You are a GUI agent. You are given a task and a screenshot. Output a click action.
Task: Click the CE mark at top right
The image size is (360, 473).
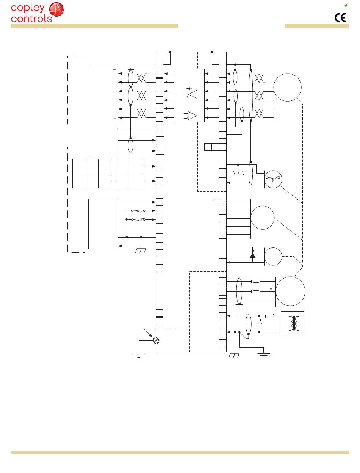[340, 18]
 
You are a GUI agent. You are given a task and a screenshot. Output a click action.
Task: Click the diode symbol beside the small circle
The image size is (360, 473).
[253, 255]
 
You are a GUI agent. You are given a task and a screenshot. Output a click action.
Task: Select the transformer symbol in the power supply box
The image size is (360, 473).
[293, 323]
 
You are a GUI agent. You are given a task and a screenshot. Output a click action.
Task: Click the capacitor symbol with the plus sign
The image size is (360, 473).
[259, 323]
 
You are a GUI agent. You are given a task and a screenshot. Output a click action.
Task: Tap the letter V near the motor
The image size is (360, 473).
[271, 289]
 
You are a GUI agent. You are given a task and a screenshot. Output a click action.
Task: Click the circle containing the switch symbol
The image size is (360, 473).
[273, 179]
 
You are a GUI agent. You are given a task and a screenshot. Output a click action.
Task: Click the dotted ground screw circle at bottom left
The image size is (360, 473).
[155, 340]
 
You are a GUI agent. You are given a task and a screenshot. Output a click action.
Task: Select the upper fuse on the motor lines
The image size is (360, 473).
[256, 282]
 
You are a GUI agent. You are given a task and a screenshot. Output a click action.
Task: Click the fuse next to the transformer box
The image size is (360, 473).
[270, 316]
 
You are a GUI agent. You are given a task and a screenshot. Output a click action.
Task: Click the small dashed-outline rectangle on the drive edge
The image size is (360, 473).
[219, 202]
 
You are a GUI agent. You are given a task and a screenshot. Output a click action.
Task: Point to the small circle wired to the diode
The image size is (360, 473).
[273, 256]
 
